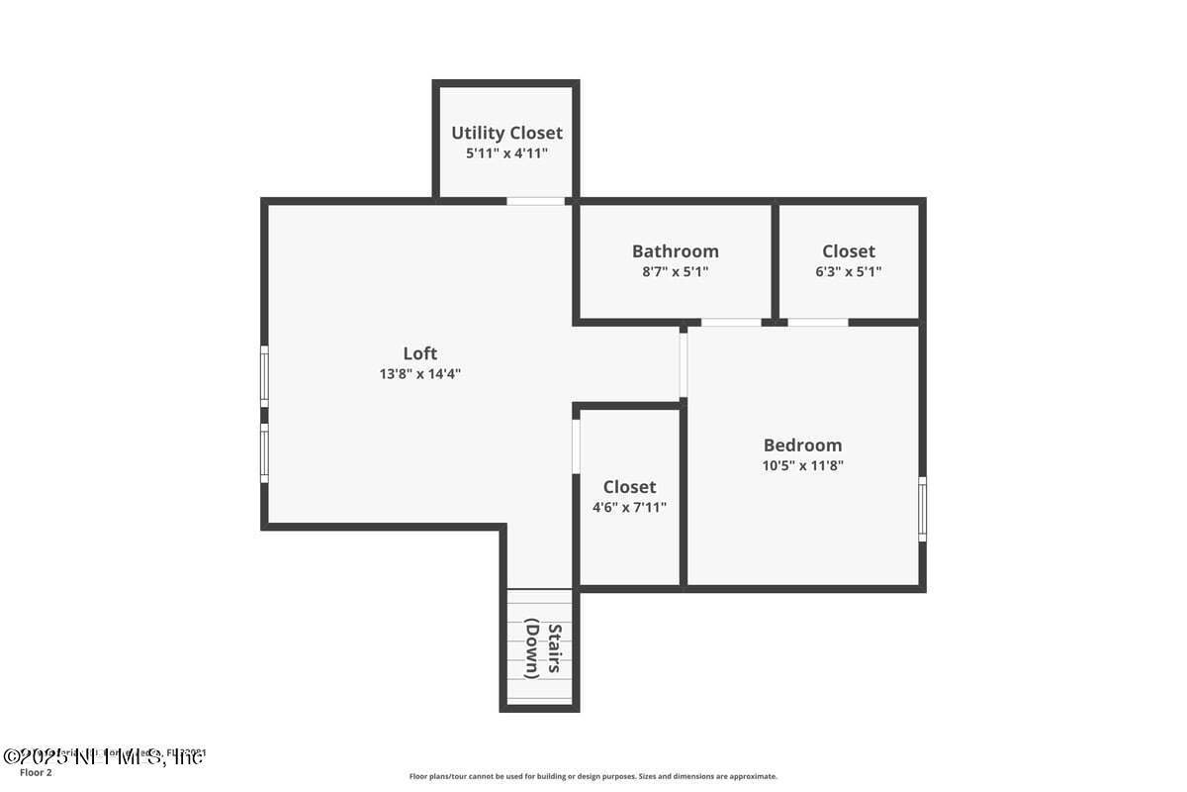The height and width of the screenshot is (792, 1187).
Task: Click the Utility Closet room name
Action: point(506,133)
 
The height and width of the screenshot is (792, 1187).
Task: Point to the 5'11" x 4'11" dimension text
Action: point(506,153)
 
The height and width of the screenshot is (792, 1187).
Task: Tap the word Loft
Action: point(419,353)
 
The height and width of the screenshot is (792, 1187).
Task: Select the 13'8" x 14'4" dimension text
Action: point(419,374)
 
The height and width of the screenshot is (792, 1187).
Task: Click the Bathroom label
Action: point(675,251)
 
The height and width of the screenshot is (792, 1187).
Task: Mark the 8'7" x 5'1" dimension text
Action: point(675,271)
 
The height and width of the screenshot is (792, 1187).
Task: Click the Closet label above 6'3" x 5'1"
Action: point(848,251)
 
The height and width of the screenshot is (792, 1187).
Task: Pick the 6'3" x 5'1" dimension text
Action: point(848,271)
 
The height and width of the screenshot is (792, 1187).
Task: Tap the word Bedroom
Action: point(802,445)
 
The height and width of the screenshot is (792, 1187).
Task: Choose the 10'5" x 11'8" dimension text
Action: point(802,465)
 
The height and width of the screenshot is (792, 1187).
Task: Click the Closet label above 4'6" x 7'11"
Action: point(629,487)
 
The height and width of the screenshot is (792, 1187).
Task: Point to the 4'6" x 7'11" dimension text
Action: point(629,507)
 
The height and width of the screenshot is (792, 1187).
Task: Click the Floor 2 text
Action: point(36,772)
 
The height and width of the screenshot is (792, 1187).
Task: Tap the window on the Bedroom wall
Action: point(922,509)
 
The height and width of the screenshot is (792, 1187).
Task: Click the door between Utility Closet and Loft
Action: point(535,201)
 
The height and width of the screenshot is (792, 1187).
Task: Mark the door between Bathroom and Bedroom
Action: point(731,322)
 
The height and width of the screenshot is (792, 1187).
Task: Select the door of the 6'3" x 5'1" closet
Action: point(817,322)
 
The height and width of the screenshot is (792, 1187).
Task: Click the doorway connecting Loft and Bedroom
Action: point(683,364)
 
